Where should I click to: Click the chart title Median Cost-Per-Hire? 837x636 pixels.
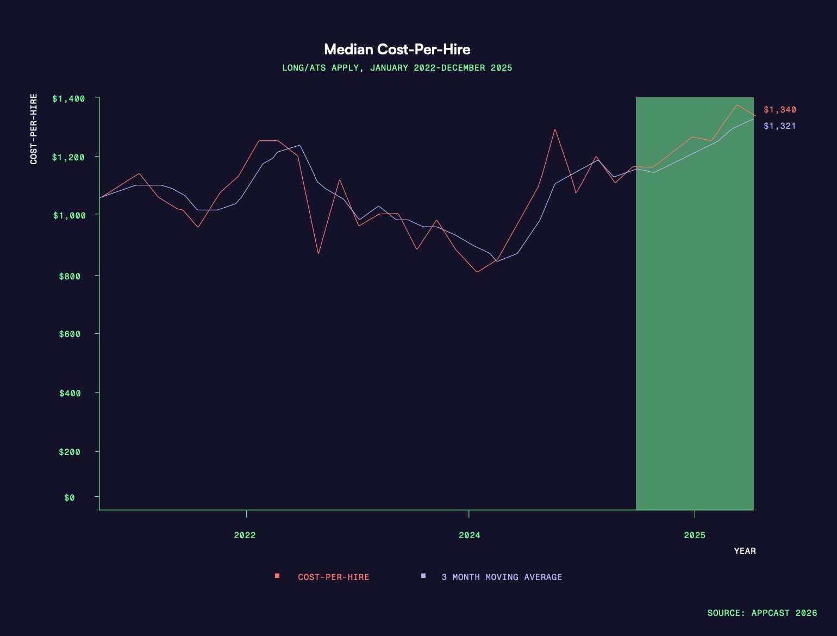[397, 49]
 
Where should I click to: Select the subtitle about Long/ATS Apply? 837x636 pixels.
[397, 68]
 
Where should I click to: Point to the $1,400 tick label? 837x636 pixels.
[68, 99]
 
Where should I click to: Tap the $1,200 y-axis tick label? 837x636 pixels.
[68, 158]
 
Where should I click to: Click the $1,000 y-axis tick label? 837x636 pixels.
[69, 216]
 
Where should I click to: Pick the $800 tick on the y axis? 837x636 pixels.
[70, 276]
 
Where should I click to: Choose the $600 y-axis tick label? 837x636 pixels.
[70, 334]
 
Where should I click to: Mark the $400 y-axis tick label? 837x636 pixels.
[70, 393]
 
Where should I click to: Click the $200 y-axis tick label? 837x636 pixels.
[70, 452]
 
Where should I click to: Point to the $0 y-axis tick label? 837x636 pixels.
[70, 498]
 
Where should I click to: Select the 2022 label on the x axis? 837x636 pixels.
[245, 535]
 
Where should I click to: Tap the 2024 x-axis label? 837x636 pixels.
[469, 535]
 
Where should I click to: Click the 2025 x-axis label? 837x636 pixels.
[695, 535]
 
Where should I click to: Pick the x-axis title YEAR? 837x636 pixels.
[745, 551]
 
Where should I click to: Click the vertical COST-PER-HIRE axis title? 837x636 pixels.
[34, 129]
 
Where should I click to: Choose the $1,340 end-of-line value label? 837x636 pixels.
[779, 110]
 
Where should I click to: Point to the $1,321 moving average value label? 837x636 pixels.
[779, 126]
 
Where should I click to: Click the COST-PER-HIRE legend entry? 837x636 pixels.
[333, 577]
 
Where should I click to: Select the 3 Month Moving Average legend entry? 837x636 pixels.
[501, 577]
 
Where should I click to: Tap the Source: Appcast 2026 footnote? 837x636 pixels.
[762, 613]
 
